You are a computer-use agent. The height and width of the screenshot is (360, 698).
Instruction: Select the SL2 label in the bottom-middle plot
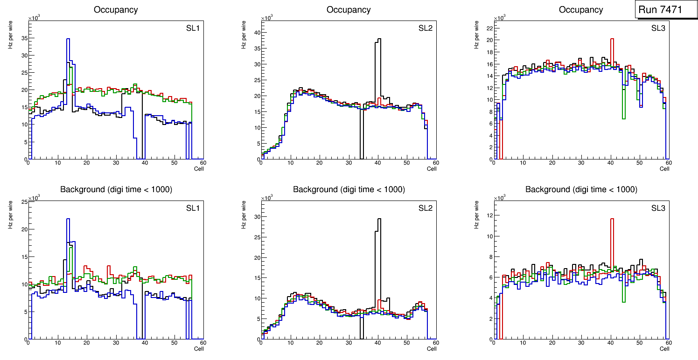point(426,208)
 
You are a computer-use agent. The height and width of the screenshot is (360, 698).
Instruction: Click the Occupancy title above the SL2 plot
point(349,10)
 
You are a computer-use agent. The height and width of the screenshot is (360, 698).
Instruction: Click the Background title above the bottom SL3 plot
point(581,189)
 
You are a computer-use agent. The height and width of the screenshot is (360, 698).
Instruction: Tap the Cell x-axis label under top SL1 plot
point(199,169)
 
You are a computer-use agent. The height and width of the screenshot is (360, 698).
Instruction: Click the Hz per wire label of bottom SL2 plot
point(244,214)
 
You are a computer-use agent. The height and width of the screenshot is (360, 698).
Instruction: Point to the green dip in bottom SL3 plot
point(624,298)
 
